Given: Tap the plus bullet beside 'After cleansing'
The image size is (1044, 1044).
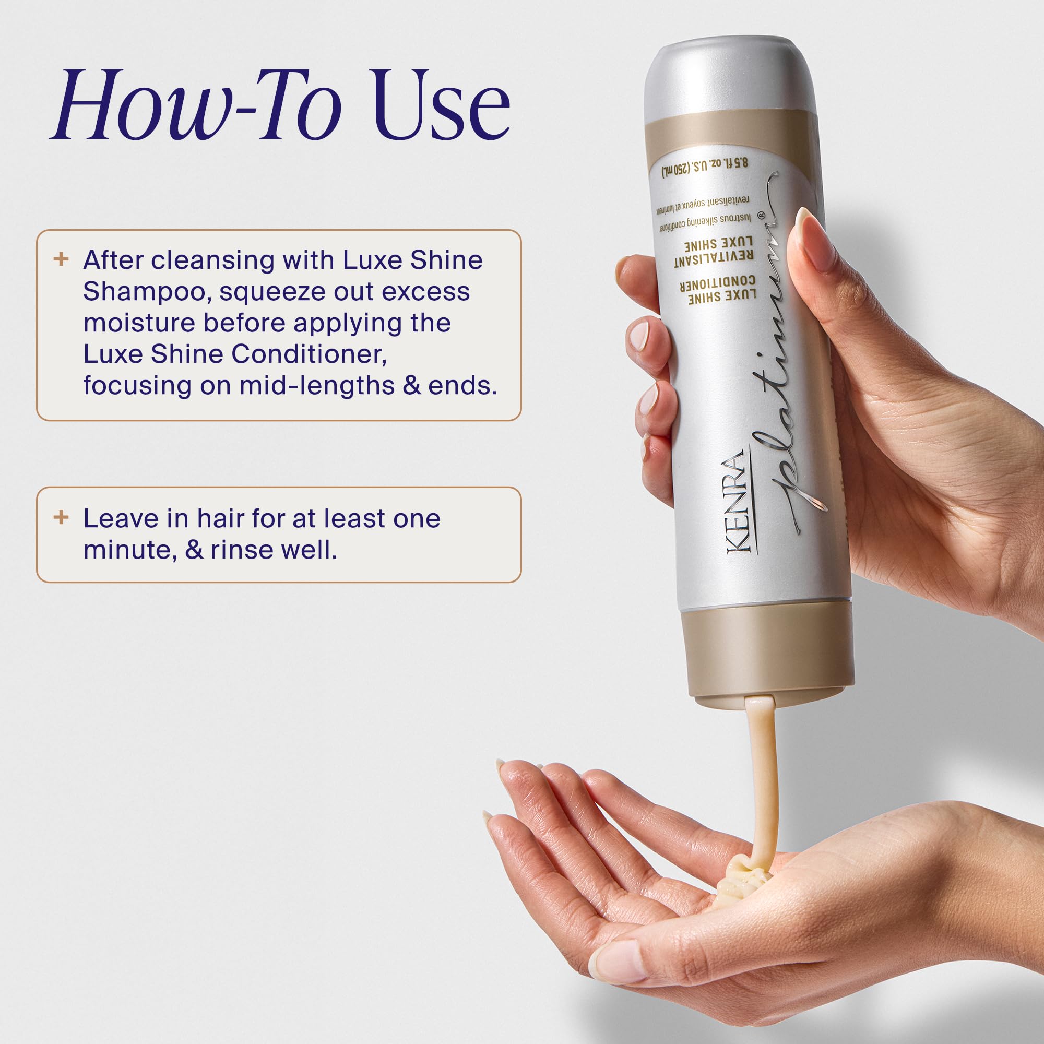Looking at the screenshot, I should click(x=61, y=259).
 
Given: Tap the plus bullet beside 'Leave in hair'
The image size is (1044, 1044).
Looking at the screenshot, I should click(x=61, y=517).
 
